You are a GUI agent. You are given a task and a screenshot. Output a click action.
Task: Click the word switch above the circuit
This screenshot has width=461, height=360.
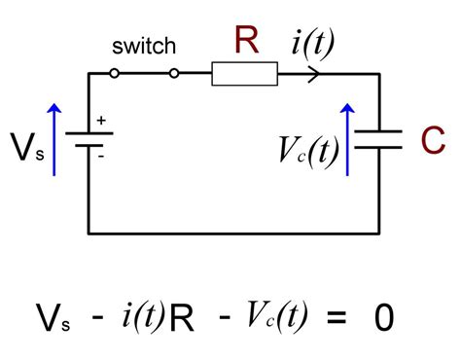(x=143, y=47)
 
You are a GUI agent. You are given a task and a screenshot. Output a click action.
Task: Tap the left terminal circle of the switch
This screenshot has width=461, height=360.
(x=114, y=73)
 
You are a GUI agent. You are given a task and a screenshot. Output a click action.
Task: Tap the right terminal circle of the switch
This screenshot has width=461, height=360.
(x=175, y=73)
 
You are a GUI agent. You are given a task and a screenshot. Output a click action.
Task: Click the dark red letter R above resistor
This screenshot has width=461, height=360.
(x=247, y=40)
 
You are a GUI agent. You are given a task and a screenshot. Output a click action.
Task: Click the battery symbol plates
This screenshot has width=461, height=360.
(x=89, y=142)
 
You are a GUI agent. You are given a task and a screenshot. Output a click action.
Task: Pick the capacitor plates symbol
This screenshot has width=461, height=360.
(x=378, y=142)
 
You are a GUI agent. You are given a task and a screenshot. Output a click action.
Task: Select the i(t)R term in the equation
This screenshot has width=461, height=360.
(x=157, y=317)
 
